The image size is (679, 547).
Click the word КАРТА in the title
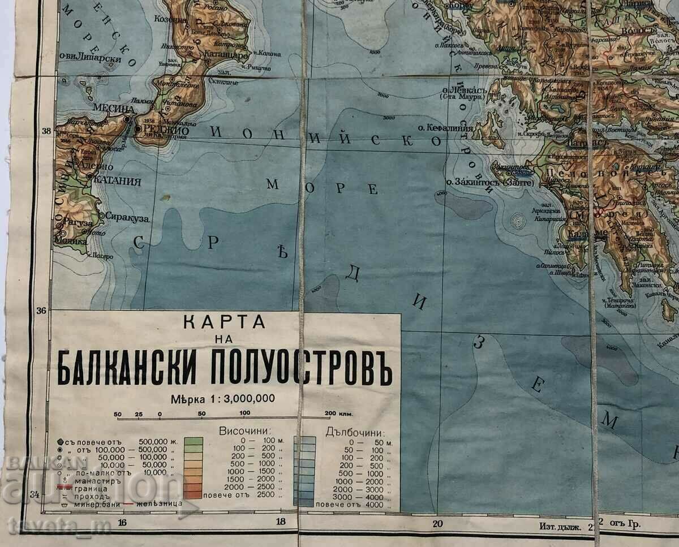(x=225, y=323)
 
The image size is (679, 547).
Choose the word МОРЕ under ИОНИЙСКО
(x=323, y=187)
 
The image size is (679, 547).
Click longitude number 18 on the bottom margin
(x=278, y=523)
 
